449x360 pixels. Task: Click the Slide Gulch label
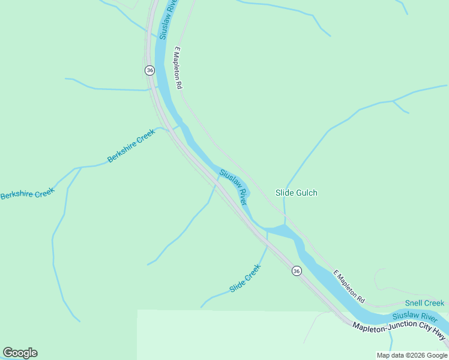296,193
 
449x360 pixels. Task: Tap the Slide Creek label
245,279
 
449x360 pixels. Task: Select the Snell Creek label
424,304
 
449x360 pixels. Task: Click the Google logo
20,353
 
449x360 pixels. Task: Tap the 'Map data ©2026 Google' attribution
412,355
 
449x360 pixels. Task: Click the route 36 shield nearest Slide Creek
297,271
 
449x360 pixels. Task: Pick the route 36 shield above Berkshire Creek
149,70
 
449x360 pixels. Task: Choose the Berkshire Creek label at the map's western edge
27,193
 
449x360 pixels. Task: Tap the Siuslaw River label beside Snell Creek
414,316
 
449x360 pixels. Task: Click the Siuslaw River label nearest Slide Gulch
234,187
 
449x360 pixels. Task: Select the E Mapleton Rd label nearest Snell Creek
349,285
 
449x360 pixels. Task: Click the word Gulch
306,193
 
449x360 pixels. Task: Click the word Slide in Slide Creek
237,286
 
